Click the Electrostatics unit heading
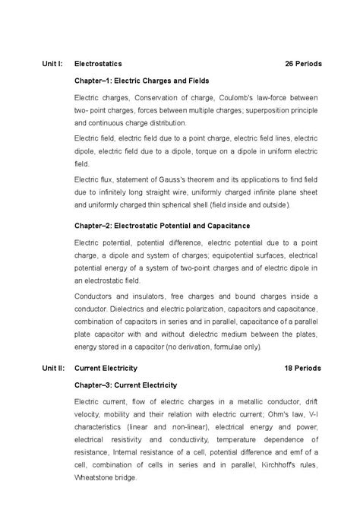tap(98, 64)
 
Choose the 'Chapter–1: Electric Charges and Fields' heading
tap(141, 81)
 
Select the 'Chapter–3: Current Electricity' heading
tap(125, 385)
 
